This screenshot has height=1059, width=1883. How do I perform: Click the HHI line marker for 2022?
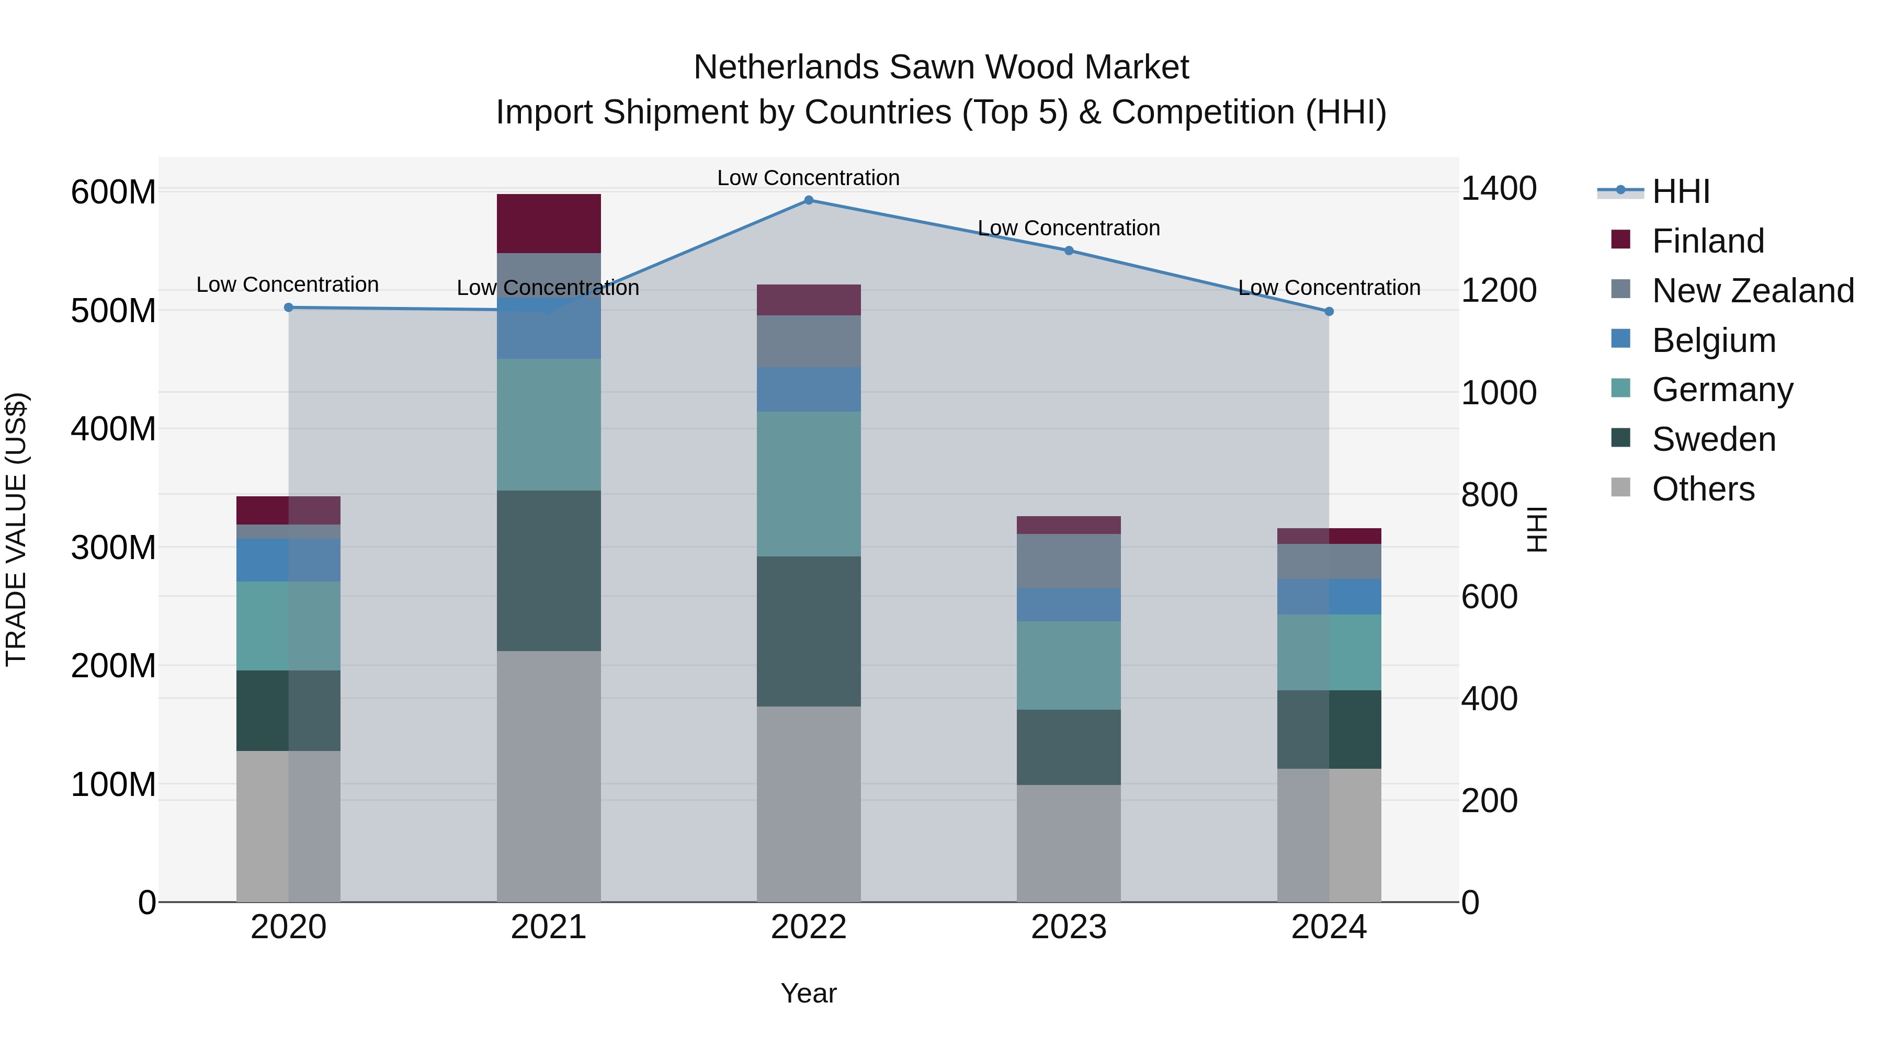click(809, 200)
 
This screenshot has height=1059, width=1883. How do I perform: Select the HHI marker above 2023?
click(1069, 250)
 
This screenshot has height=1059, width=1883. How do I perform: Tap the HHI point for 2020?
click(288, 308)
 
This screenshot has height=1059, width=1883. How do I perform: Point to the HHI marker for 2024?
click(1329, 311)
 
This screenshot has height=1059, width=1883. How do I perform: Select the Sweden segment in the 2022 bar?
click(809, 631)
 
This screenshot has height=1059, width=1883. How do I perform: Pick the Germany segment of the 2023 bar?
click(1069, 665)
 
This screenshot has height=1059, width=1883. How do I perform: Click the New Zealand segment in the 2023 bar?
click(1069, 561)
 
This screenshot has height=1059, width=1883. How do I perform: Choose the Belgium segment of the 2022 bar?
click(809, 390)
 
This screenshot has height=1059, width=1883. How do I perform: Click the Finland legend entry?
click(1708, 241)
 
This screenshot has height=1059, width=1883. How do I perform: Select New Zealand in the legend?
click(1752, 291)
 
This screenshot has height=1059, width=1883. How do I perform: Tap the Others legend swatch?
click(1620, 487)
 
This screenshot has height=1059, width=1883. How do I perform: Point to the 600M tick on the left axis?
click(114, 192)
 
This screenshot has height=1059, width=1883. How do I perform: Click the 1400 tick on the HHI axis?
click(1499, 189)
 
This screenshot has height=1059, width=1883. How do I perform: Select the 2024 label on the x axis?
click(1329, 927)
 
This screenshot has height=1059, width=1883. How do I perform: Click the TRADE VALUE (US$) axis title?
click(16, 529)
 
